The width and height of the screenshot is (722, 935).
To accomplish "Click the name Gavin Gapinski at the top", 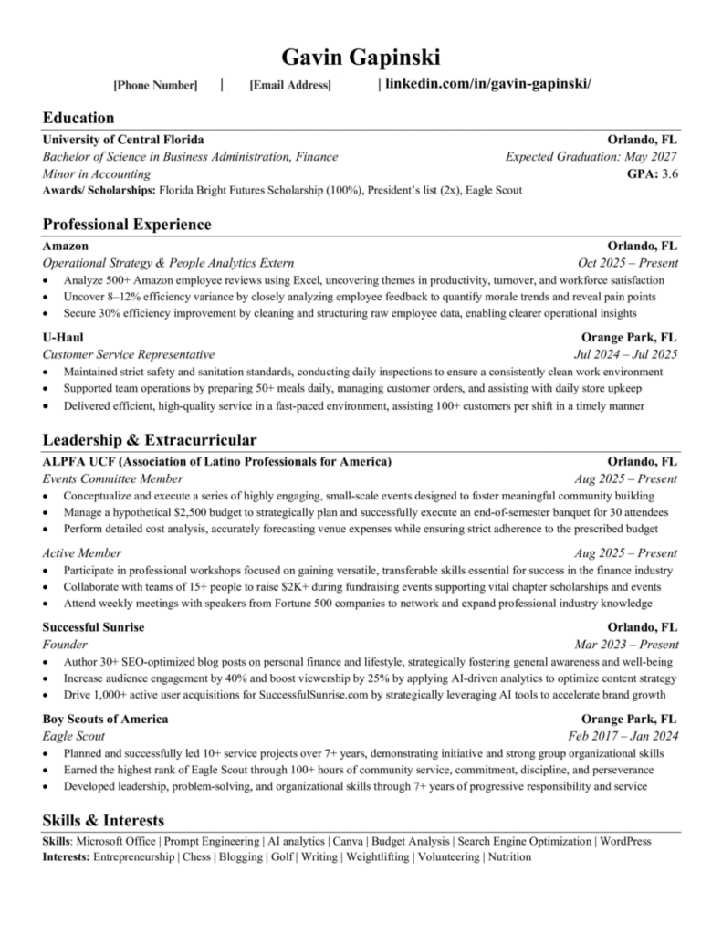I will pyautogui.click(x=361, y=58).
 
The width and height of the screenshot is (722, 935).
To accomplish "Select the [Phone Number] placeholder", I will pyautogui.click(x=155, y=86).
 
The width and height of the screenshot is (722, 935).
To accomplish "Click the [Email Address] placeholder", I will pyautogui.click(x=290, y=86).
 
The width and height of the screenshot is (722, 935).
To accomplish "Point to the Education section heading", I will pyautogui.click(x=78, y=117).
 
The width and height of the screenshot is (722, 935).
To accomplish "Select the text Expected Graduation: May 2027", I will pyautogui.click(x=591, y=157).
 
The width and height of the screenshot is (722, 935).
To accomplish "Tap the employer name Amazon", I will pyautogui.click(x=66, y=246).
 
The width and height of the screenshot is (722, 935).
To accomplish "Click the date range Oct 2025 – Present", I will pyautogui.click(x=628, y=263).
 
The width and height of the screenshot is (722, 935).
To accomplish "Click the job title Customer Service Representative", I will pyautogui.click(x=129, y=354).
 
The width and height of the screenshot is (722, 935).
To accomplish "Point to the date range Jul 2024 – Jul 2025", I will pyautogui.click(x=625, y=354).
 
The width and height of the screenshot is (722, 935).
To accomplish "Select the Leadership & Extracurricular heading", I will pyautogui.click(x=150, y=439).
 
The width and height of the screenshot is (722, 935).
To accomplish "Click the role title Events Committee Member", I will pyautogui.click(x=113, y=478).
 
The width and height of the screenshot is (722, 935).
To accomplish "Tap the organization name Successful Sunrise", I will pyautogui.click(x=94, y=627).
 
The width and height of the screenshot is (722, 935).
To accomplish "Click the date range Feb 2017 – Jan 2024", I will pyautogui.click(x=623, y=736).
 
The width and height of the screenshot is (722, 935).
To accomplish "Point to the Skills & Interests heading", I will pyautogui.click(x=103, y=820).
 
